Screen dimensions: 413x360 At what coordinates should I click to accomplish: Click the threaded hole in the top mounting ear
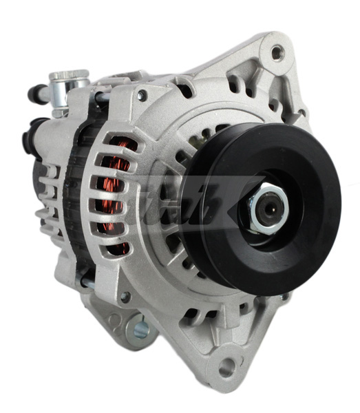click(277, 52)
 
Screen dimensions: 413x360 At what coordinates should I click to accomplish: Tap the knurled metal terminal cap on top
click(68, 77)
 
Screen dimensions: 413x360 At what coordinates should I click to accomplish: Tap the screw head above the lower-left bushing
click(125, 297)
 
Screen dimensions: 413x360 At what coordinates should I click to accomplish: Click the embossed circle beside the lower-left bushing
click(114, 320)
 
